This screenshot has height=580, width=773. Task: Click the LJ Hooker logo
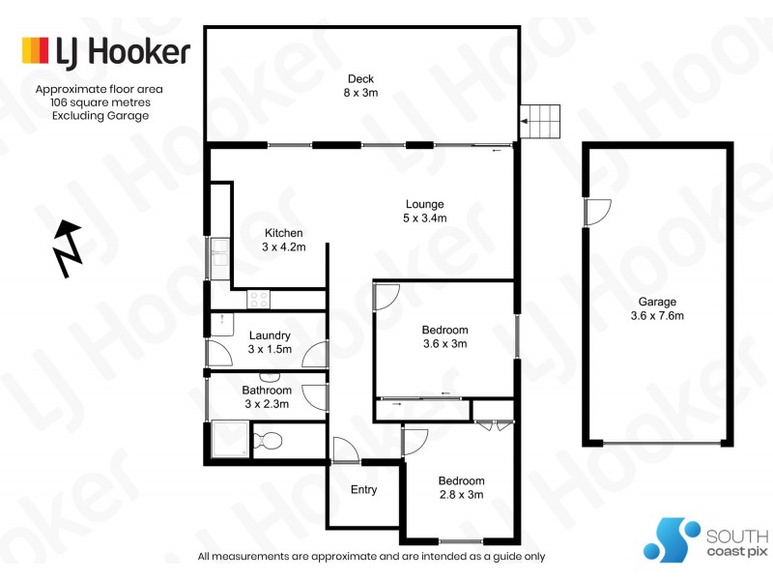pos(106,51)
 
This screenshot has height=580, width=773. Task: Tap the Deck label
pos(361,79)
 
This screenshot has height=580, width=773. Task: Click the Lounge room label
pos(424,204)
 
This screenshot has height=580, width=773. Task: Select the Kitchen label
pos(284,233)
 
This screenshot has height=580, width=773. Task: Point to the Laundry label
pos(270,335)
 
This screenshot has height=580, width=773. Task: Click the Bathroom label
pos(267,391)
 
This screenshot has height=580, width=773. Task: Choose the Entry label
pos(363,490)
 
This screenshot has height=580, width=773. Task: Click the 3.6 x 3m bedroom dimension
pos(444,344)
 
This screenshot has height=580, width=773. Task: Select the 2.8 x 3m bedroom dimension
pos(461,495)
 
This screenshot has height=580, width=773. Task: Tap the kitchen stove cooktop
pos(259,299)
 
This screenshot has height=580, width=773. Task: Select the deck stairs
pos(542,122)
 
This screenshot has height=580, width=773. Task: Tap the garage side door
pos(597,212)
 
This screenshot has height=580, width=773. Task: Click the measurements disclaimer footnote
pos(371,557)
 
